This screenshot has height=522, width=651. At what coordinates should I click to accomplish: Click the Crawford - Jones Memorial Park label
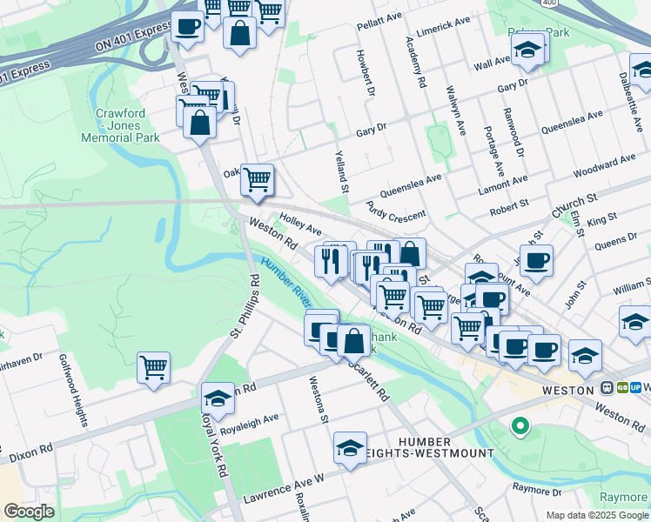(121, 125)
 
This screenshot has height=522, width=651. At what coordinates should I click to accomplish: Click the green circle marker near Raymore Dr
(520, 425)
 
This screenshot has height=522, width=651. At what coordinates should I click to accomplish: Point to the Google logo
(29, 512)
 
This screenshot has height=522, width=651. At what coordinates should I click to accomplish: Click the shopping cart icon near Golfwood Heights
(153, 367)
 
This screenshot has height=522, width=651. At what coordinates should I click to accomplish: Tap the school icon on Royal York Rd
(218, 398)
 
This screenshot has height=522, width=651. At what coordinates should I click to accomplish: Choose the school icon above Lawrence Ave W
(350, 447)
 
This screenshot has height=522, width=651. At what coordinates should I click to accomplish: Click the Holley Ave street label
(300, 225)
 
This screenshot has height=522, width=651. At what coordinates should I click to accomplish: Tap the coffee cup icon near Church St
(536, 259)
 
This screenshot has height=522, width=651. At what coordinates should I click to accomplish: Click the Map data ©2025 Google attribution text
(596, 515)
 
